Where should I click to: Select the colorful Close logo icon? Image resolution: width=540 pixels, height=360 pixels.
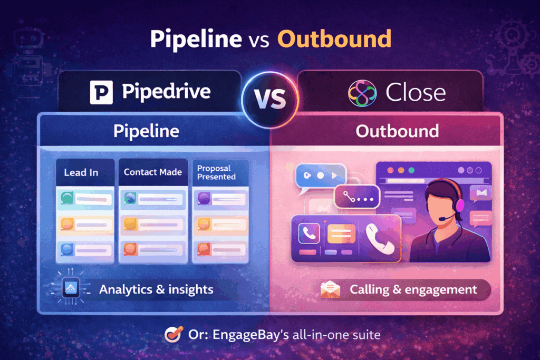[x=362, y=93]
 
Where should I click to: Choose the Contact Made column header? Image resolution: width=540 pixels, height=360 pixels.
[x=152, y=172]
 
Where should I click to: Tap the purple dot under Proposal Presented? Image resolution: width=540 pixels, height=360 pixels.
[x=204, y=198]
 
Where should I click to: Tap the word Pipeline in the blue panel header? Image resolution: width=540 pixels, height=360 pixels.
[x=146, y=131]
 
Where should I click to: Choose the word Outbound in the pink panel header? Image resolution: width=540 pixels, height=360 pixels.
[x=397, y=131]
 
